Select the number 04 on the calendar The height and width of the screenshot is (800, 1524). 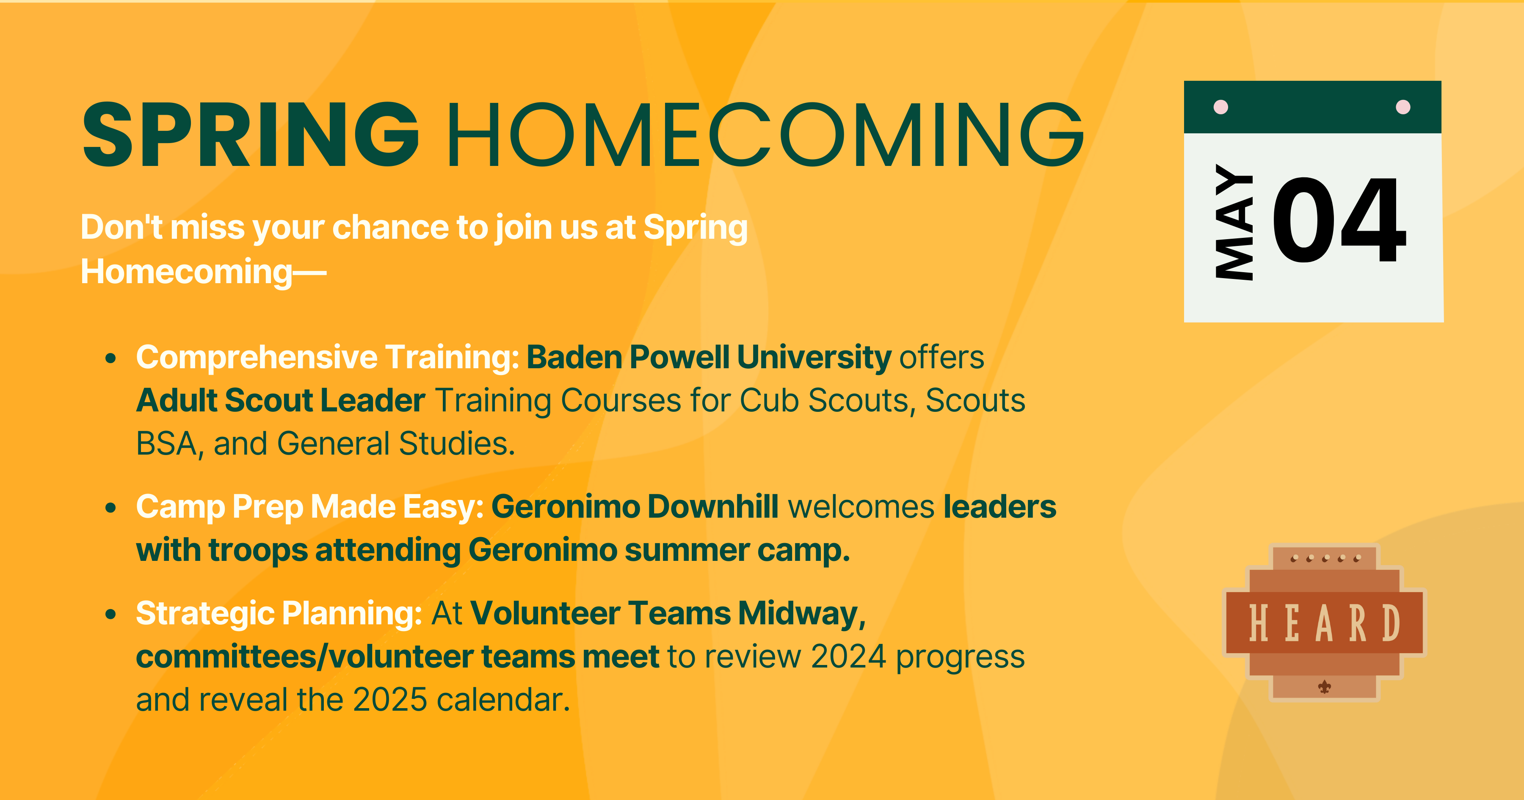point(1338,220)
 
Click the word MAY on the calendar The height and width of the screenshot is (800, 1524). point(1234,222)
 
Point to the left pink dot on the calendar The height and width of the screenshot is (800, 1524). point(1220,107)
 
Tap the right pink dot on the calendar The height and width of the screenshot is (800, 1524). point(1403,107)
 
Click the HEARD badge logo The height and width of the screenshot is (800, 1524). point(1325,623)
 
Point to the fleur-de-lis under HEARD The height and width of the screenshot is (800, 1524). point(1325,687)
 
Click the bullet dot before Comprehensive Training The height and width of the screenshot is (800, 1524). point(110,358)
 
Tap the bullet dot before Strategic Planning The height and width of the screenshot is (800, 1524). point(110,614)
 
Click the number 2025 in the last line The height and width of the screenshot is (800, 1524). point(390,700)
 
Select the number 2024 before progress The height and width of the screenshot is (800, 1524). point(848,657)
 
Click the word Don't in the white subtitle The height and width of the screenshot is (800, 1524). point(121,227)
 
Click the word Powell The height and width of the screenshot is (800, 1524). point(679,357)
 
